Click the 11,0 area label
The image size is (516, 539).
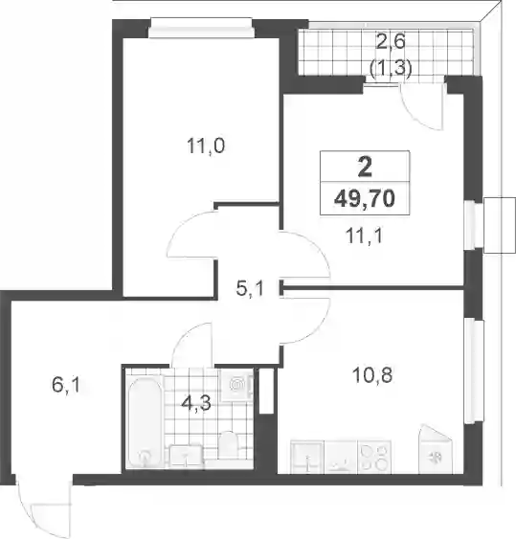point(206,146)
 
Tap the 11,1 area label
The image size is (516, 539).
point(365,236)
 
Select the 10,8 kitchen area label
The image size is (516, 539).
point(372,374)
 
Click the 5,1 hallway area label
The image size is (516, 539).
point(250,288)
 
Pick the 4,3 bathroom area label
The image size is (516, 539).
point(196,404)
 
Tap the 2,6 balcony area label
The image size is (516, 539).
point(391,43)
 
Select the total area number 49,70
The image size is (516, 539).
point(365,199)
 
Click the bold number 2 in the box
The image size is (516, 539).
point(365,168)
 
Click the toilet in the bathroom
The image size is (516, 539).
point(228,445)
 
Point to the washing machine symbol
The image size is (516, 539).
point(237,385)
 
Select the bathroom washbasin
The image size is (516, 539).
point(186,456)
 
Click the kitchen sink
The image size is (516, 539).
point(307,458)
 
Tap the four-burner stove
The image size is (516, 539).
point(374,458)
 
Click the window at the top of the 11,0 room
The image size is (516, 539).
point(201,28)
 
